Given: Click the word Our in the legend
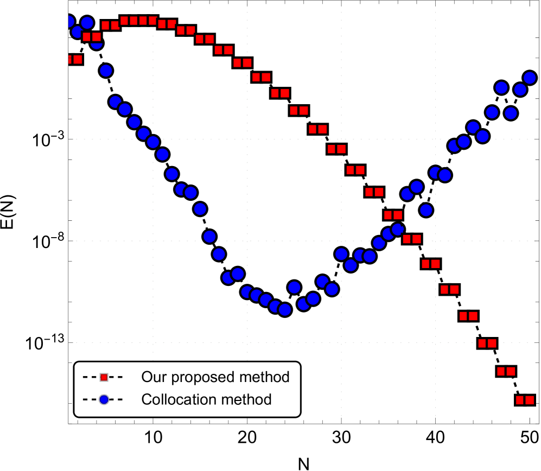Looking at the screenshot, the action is tap(151, 377).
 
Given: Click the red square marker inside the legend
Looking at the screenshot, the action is tap(104, 377).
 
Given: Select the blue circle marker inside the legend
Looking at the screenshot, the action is tap(104, 400).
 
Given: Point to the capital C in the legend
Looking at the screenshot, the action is tap(145, 400).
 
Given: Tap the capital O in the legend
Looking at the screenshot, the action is tap(146, 377).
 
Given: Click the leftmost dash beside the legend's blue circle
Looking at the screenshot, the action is tap(85, 400).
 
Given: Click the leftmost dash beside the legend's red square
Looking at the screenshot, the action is tap(85, 377).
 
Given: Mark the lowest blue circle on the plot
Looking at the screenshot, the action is tap(284, 309).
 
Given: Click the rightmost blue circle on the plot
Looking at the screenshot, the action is tap(530, 78).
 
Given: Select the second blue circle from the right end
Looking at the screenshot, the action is tap(520, 90).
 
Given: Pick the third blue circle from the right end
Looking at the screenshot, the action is tap(511, 113).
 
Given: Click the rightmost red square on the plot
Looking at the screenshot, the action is tap(530, 400).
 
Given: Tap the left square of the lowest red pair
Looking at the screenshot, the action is tap(520, 400).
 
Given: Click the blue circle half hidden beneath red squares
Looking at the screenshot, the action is tap(96, 43).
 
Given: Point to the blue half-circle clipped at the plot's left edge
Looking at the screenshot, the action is tap(69, 22).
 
